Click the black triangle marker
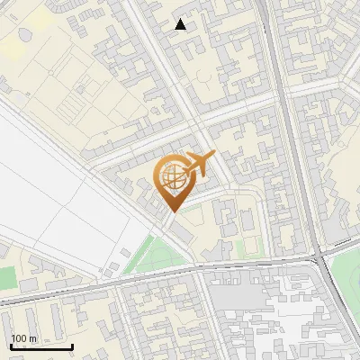pyautogui.click(x=181, y=24)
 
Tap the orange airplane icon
pyautogui.click(x=200, y=165)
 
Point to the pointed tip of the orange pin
pyautogui.click(x=171, y=211)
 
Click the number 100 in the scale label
pyautogui.click(x=19, y=338)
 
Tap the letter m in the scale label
pyautogui.click(x=33, y=338)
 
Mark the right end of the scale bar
pyautogui.click(x=73, y=346)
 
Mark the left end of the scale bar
pyautogui.click(x=10, y=346)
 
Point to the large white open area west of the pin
pyautogui.click(x=63, y=189)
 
